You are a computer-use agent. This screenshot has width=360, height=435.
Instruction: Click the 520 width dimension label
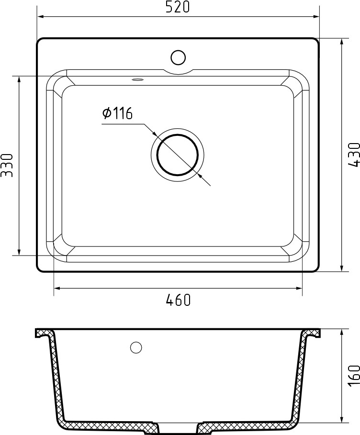(178, 7)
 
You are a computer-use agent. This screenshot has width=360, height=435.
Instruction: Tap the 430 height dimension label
(354, 155)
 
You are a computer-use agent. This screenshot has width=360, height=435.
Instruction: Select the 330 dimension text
(7, 166)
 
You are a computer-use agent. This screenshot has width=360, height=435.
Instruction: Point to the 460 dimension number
(178, 300)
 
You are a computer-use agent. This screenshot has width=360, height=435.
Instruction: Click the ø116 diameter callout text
(117, 113)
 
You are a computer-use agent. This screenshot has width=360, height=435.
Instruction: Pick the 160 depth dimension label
(354, 376)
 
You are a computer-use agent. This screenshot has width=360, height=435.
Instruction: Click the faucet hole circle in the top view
(178, 58)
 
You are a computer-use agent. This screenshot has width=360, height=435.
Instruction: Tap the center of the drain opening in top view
(178, 155)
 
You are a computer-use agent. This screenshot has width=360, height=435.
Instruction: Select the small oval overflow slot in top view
(137, 80)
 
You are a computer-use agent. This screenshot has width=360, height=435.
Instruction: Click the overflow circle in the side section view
(136, 347)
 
